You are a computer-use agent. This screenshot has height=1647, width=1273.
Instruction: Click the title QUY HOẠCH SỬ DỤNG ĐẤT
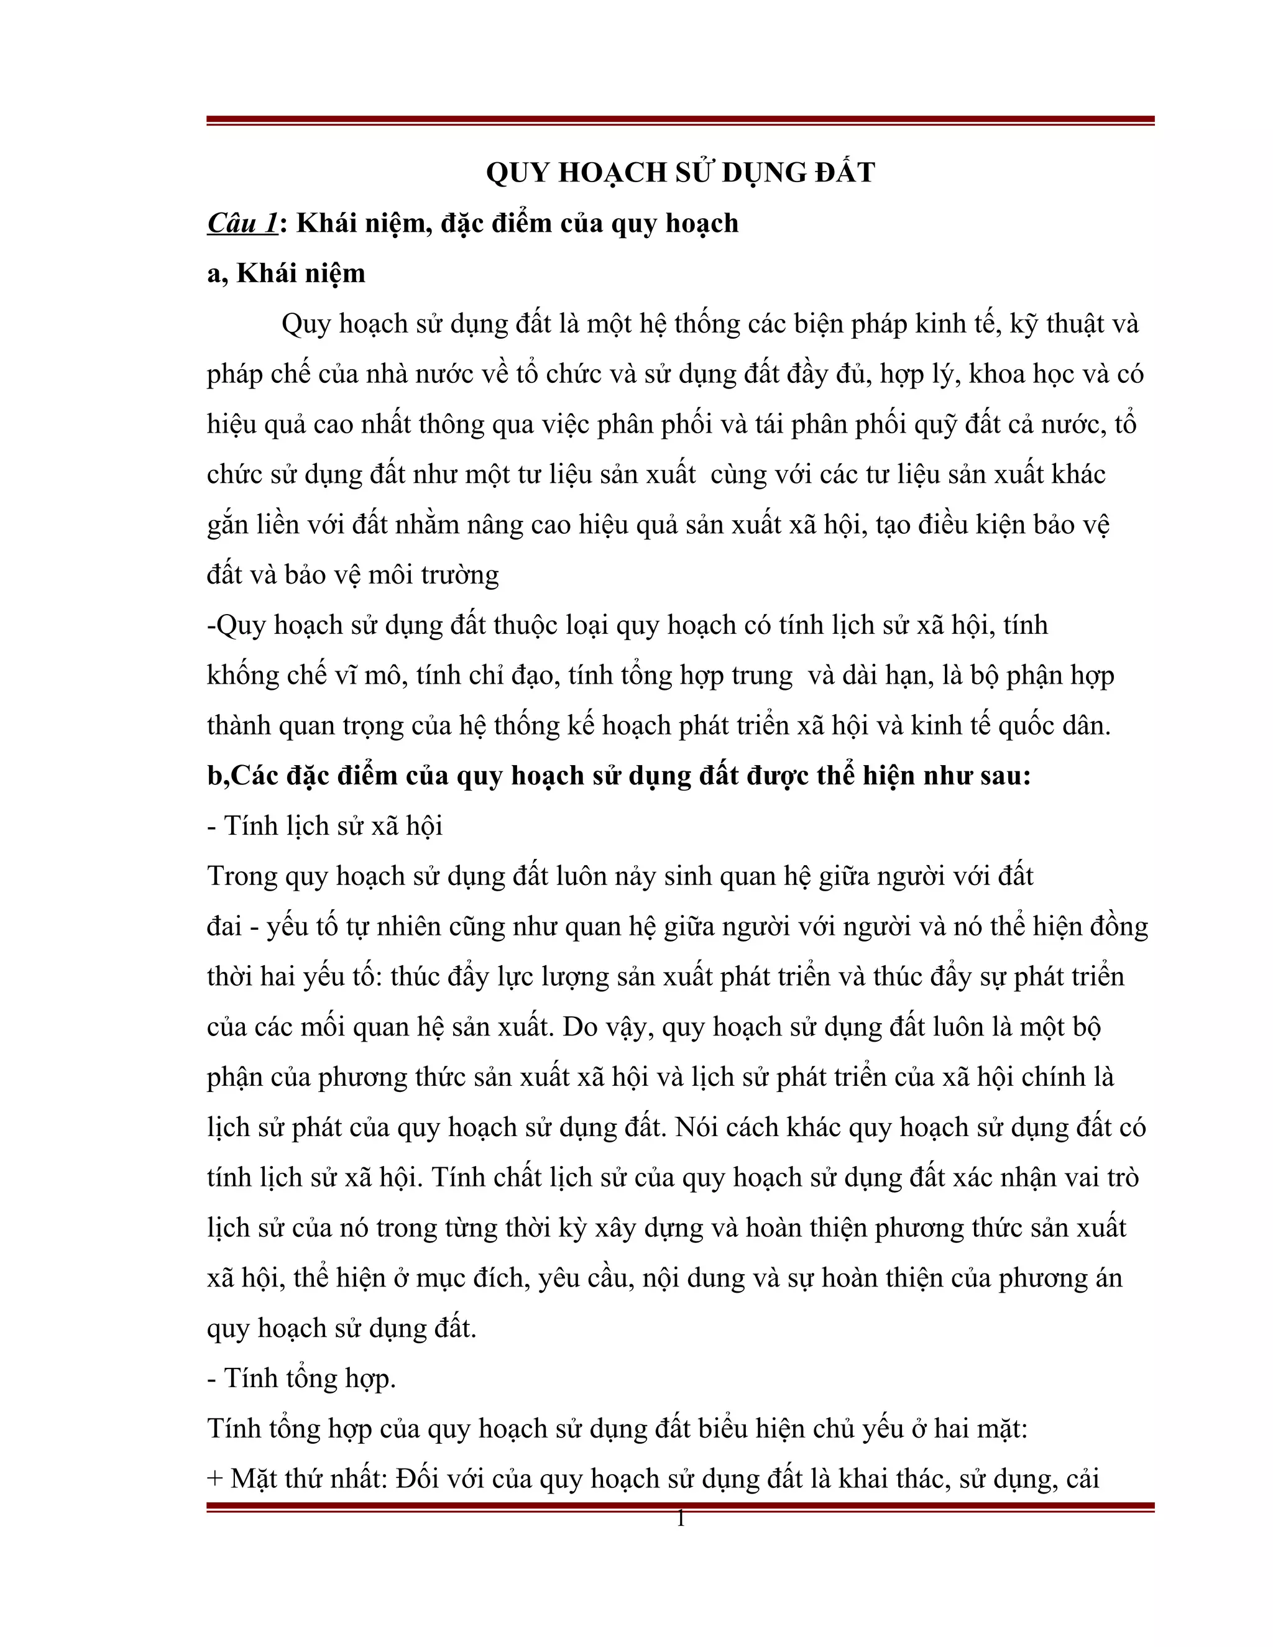[x=679, y=173]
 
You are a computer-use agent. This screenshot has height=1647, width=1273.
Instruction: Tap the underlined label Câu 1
[x=242, y=223]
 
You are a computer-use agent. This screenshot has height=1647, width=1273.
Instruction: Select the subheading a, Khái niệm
[x=286, y=273]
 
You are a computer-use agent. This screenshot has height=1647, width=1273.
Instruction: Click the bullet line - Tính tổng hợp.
[x=301, y=1379]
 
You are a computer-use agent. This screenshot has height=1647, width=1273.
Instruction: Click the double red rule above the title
[x=679, y=121]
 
